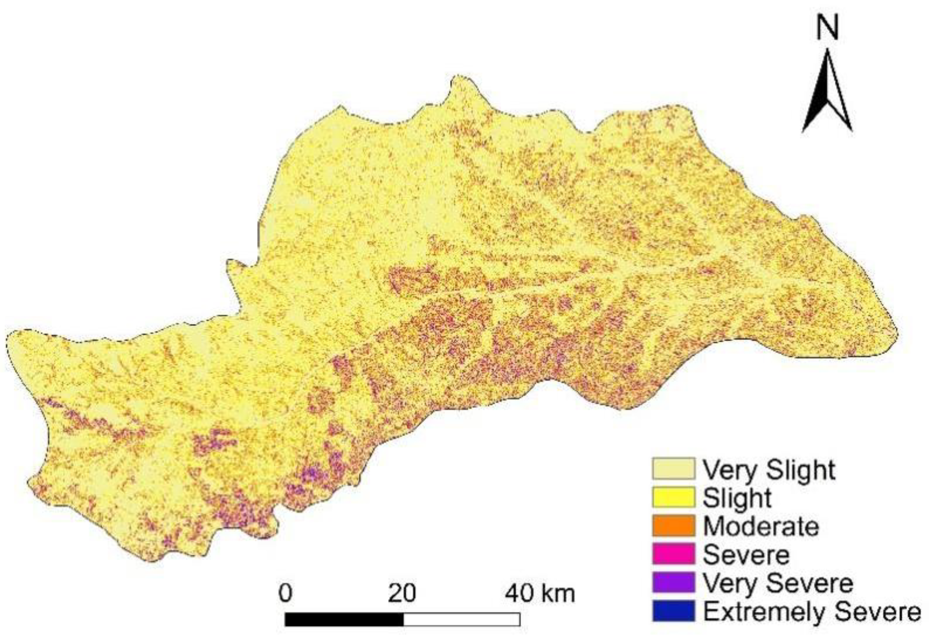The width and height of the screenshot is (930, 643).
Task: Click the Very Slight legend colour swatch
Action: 673,469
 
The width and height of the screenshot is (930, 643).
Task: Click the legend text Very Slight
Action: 769,470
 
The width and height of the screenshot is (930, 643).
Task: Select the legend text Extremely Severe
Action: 812,612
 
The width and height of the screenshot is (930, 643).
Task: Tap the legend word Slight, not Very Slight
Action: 737,498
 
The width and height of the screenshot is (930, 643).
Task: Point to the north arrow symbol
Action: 827,95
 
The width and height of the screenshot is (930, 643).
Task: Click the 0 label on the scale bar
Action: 285,594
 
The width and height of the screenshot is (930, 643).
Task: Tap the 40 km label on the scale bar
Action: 540,594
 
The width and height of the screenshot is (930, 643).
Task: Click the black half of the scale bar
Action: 344,619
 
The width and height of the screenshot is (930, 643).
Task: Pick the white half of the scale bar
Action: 461,619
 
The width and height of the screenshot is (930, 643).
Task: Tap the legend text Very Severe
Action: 778,583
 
